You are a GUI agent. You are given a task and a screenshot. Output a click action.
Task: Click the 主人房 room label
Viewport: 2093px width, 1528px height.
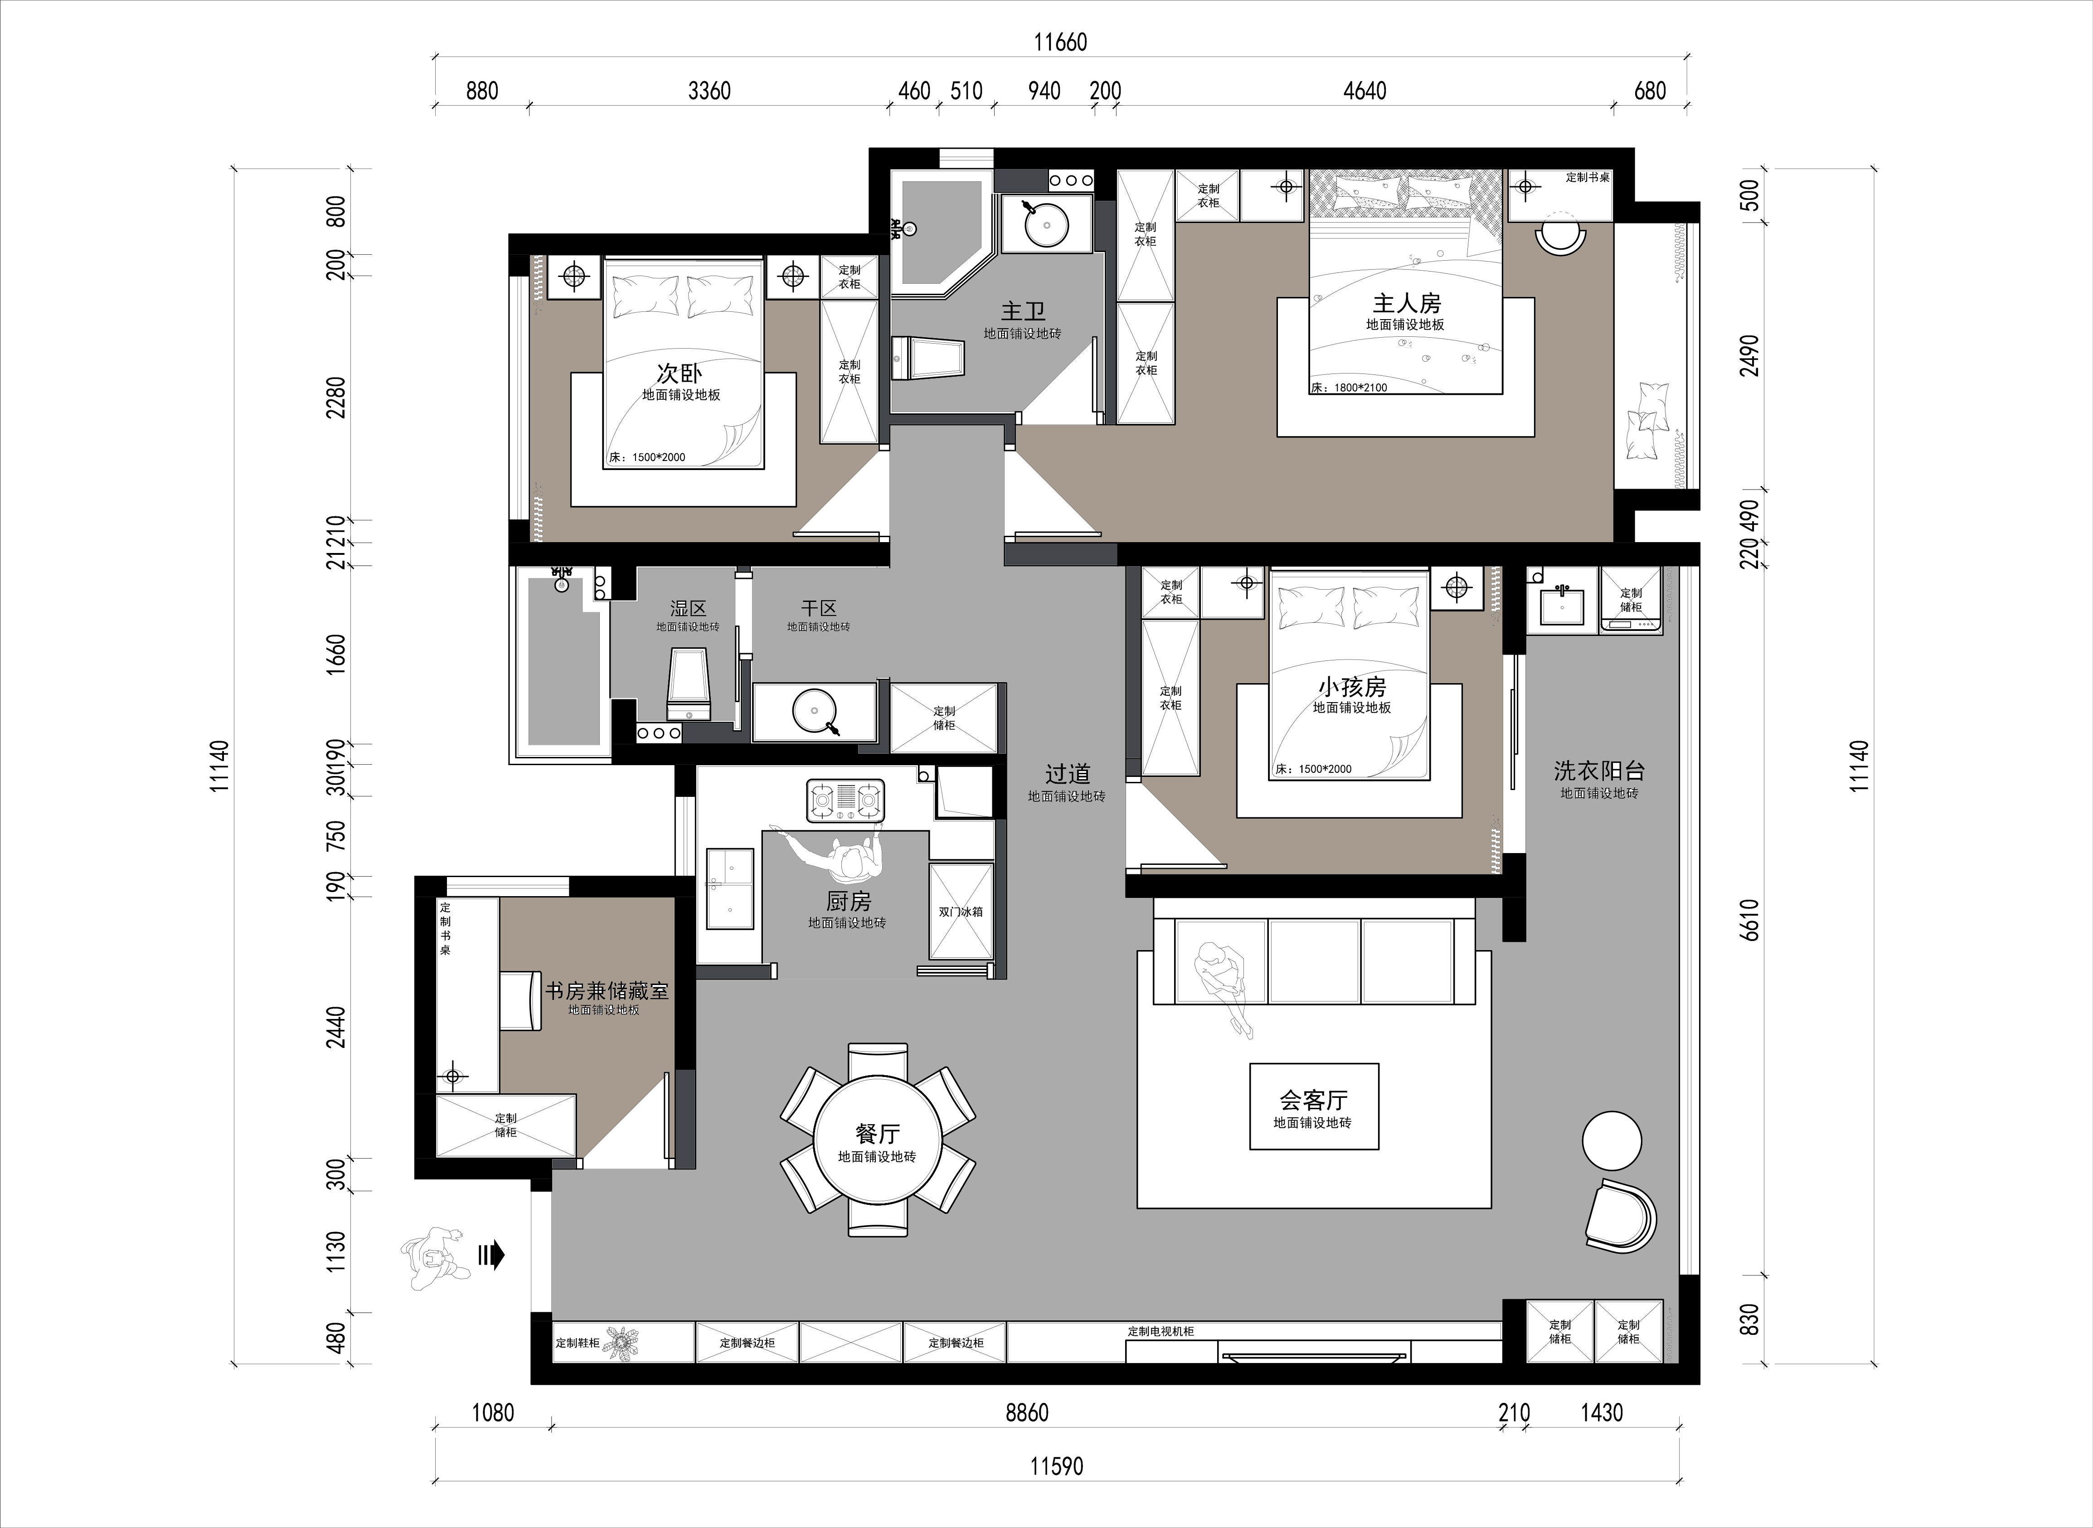pos(1406,303)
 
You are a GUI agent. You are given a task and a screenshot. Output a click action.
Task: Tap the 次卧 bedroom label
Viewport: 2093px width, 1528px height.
pos(680,374)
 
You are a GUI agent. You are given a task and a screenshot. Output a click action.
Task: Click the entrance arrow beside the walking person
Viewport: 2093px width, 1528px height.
pos(491,1255)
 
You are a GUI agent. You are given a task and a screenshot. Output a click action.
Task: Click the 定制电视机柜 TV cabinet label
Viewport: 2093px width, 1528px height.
pos(1161,1331)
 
